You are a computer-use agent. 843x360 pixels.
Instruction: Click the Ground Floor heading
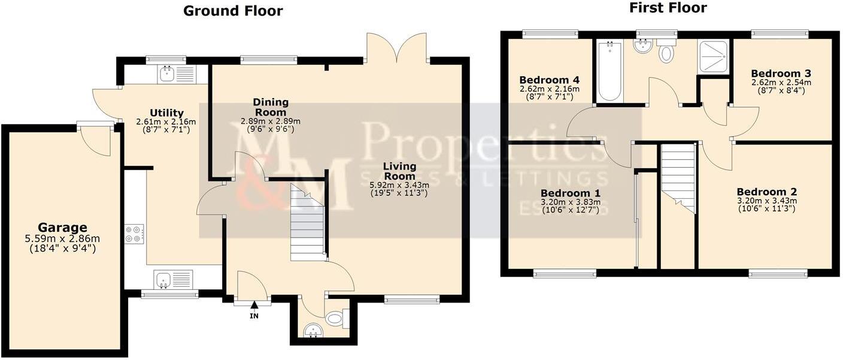(x=232, y=10)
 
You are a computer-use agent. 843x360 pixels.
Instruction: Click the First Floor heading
(x=668, y=8)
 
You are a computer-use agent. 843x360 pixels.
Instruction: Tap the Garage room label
(x=62, y=228)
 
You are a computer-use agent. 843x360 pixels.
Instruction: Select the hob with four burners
(x=134, y=233)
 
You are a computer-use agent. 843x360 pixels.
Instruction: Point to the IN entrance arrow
(x=254, y=307)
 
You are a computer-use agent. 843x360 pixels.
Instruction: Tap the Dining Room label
(x=270, y=107)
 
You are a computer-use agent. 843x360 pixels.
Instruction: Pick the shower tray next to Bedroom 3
(x=714, y=56)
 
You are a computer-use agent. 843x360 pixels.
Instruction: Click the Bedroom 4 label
(x=549, y=80)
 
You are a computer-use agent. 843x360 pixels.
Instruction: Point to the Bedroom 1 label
(x=570, y=193)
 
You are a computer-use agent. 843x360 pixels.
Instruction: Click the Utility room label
(x=166, y=113)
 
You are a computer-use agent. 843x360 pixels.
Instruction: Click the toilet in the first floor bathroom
(x=666, y=52)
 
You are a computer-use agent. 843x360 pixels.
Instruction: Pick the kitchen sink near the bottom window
(x=173, y=279)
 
